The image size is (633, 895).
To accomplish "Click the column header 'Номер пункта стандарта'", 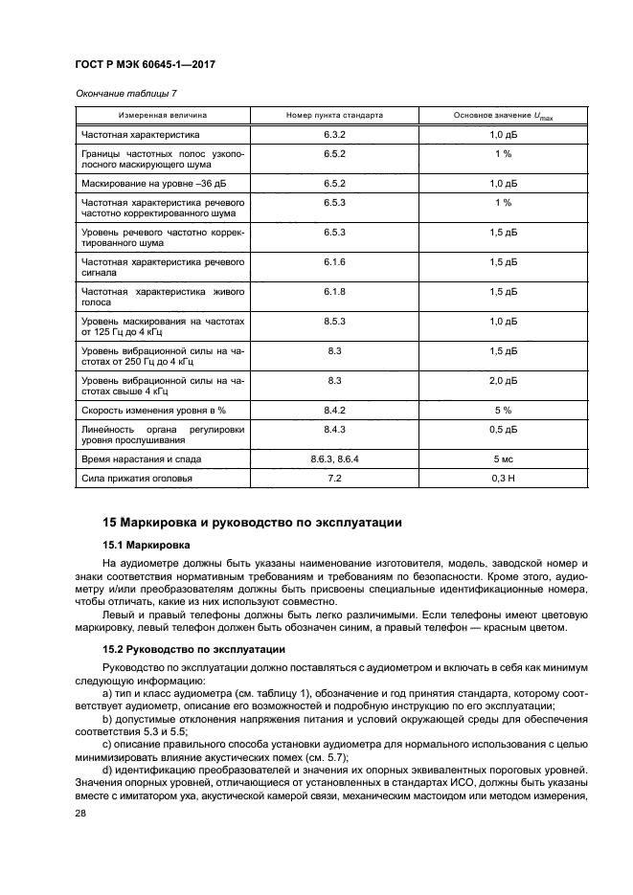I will point(334,115).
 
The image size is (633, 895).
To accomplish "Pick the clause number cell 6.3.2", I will point(334,135).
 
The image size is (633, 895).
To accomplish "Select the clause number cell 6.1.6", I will point(334,261).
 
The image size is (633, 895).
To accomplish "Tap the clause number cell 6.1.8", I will point(334,292).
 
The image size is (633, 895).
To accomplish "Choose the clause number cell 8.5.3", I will point(334,323).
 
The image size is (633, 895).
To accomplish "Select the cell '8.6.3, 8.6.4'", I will point(334,459).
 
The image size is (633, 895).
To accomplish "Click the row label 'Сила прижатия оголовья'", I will point(138,478).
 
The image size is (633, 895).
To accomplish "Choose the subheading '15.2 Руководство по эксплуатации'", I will point(188,648).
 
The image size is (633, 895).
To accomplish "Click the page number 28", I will point(81,812).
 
